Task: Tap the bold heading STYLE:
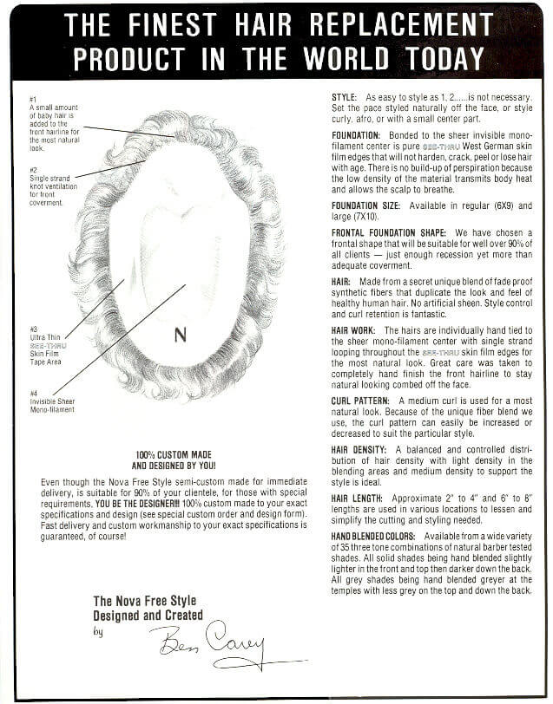[x=346, y=97]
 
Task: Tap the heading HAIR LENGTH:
[x=360, y=499]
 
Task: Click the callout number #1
[x=32, y=101]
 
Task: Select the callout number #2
[x=32, y=169]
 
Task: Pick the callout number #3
[x=32, y=329]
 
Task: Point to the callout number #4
[x=32, y=393]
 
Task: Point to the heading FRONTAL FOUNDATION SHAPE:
[x=389, y=233]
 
